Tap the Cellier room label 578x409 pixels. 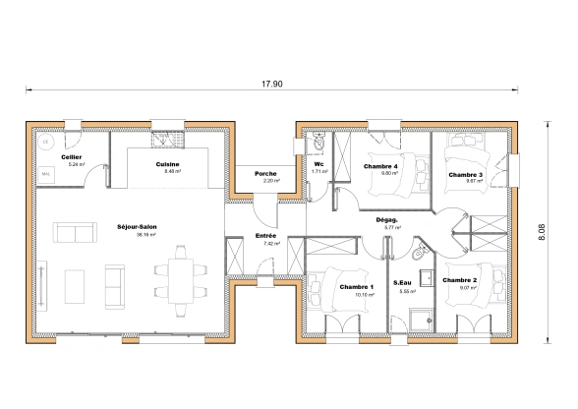(x=71, y=156)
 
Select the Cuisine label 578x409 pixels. (x=167, y=164)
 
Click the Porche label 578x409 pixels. (x=265, y=174)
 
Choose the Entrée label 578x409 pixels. (x=265, y=236)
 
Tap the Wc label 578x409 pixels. (x=318, y=164)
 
